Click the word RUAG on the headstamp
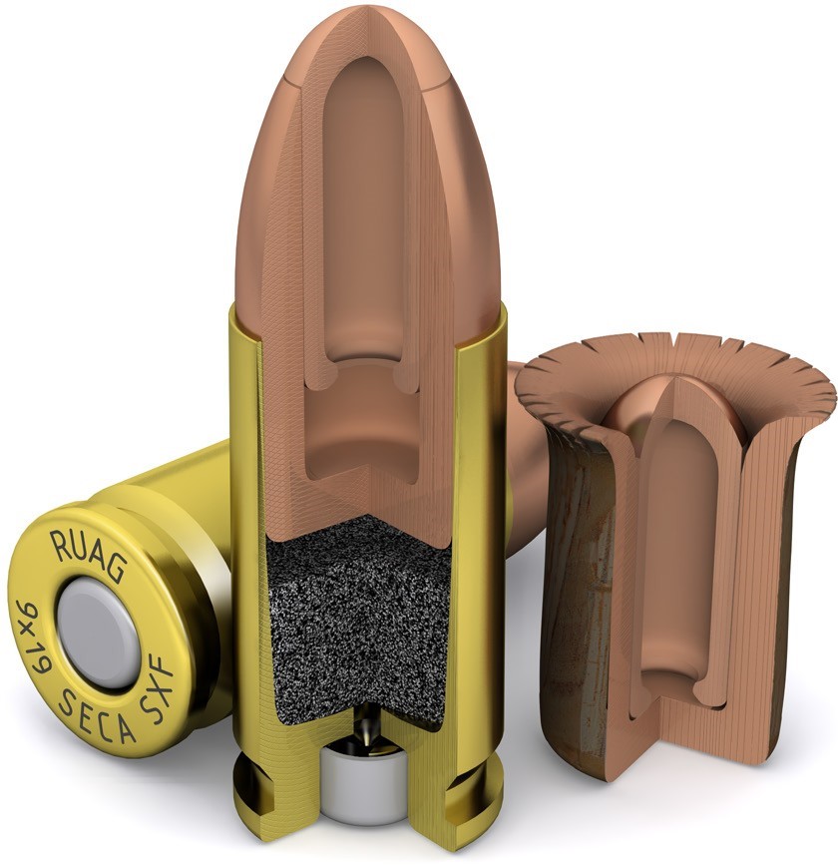(x=88, y=555)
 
